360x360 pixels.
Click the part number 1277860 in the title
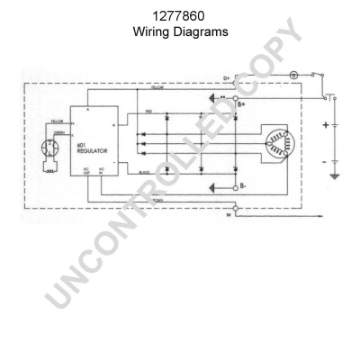pos(179,15)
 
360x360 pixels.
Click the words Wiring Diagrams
pos(179,30)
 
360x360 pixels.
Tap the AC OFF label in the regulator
pos(87,170)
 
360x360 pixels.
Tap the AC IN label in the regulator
pos(102,170)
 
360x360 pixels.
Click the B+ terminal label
pos(241,104)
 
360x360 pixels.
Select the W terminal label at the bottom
pos(228,215)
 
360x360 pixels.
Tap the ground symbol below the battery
pos(336,175)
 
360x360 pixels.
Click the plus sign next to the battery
pos(325,124)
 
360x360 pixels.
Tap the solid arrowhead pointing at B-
pos(214,187)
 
